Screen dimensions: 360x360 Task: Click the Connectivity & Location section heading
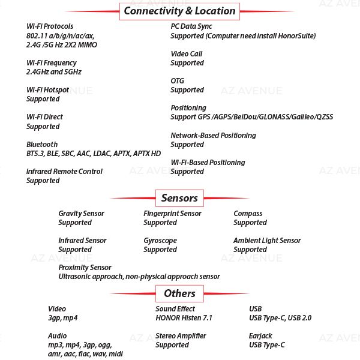(179, 11)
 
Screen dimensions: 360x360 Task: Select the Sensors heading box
(179, 197)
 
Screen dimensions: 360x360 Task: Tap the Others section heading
(179, 293)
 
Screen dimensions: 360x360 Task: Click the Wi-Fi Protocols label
(50, 26)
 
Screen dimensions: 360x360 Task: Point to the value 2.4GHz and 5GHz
(53, 72)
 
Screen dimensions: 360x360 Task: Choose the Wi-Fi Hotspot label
(47, 90)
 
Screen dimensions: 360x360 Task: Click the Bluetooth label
(42, 144)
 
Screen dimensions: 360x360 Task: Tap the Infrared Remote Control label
(64, 171)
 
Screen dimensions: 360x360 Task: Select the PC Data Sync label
(191, 26)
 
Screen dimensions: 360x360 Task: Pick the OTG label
(178, 80)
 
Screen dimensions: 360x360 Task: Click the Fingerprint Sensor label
(172, 213)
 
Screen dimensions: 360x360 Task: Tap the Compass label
(248, 213)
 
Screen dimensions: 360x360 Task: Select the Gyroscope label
(160, 240)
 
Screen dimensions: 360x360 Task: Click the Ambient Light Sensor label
(267, 240)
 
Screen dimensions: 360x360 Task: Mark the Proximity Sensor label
(85, 267)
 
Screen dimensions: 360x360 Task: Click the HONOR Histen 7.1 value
(184, 318)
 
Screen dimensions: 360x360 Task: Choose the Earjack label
(260, 335)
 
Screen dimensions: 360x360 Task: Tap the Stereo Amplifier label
(181, 335)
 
